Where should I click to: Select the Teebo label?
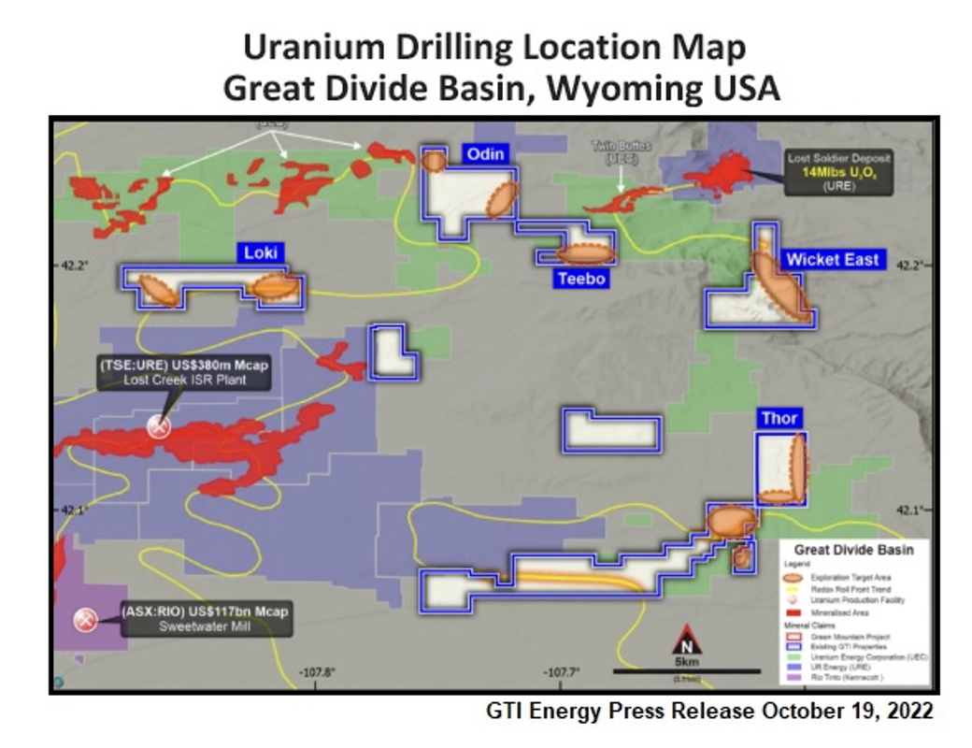click(x=580, y=279)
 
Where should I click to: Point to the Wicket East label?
click(x=833, y=259)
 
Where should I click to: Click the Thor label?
click(x=779, y=418)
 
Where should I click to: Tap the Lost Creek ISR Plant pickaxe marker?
click(x=159, y=426)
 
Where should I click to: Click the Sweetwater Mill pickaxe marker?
click(x=87, y=620)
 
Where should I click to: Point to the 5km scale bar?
click(x=685, y=670)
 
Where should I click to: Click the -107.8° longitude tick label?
click(x=317, y=672)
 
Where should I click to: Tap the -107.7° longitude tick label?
click(x=564, y=672)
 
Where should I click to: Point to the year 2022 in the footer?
click(x=908, y=711)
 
